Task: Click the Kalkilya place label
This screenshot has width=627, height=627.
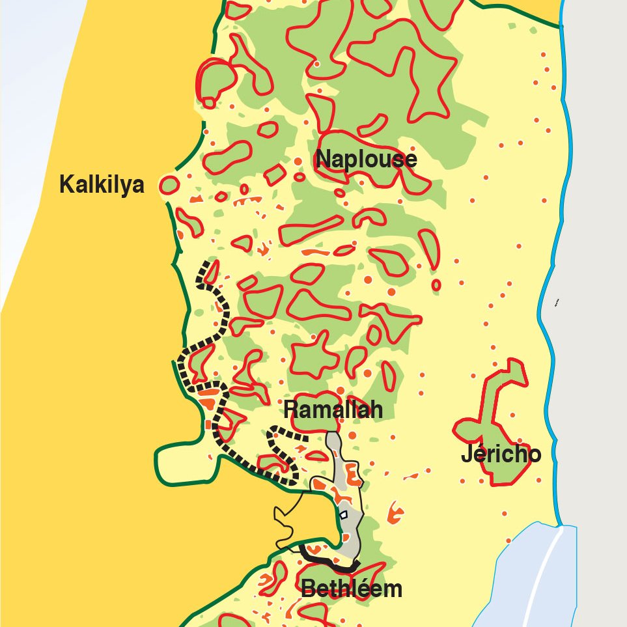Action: (x=101, y=185)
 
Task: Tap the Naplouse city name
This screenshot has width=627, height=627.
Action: (x=366, y=160)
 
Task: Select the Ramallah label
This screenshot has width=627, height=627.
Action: (x=333, y=410)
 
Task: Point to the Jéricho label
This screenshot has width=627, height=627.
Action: (x=501, y=454)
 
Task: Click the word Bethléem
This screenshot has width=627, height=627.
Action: (x=351, y=589)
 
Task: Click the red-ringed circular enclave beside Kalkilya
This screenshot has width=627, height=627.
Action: (x=169, y=185)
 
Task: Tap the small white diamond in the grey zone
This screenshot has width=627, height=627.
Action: (x=343, y=514)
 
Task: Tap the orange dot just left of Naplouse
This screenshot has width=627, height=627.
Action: (x=298, y=161)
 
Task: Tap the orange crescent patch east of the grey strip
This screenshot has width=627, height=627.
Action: (x=394, y=513)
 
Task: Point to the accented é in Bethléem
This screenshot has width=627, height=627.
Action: (x=367, y=589)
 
